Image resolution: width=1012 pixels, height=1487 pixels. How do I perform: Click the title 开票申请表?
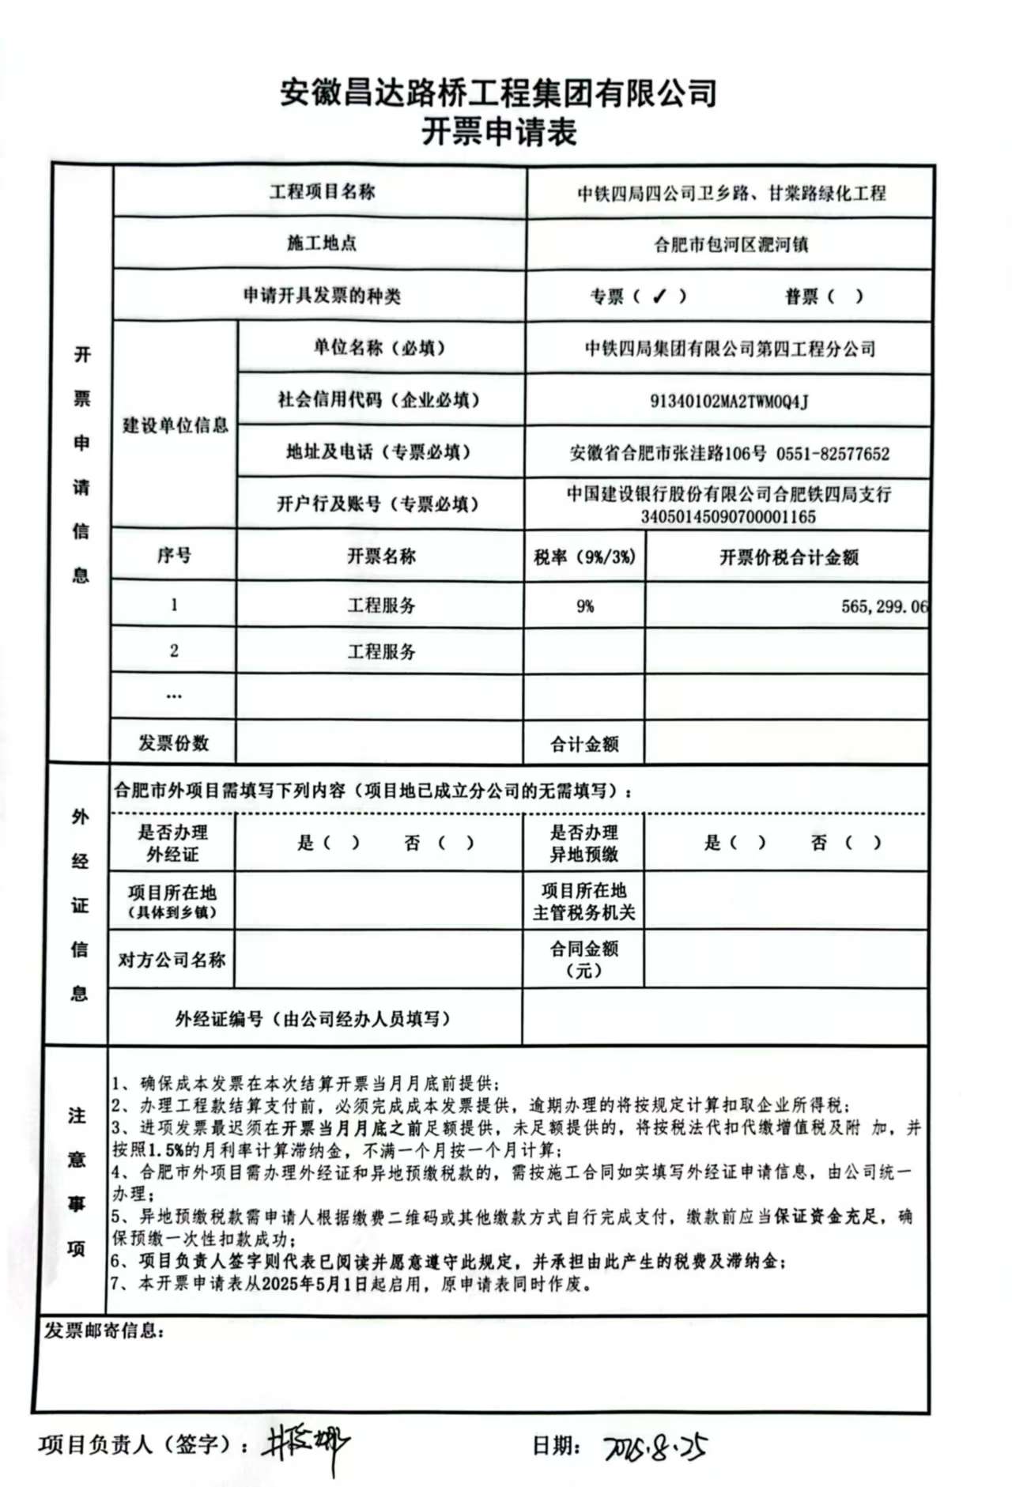pos(499,132)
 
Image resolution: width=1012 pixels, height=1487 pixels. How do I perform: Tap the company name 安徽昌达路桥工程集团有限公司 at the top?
pos(499,93)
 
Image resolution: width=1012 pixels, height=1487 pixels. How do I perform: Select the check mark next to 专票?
pos(659,296)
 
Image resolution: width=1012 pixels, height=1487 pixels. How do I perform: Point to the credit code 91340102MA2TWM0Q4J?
pos(729,402)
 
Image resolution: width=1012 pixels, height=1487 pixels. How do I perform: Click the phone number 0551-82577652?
pos(833,454)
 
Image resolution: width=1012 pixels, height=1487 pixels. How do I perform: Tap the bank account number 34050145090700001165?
pos(728,518)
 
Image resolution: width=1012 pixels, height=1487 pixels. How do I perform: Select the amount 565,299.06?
pos(884,606)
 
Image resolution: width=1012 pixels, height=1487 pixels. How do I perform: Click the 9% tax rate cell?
pos(585,606)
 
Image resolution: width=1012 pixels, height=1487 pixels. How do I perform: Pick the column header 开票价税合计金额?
pos(788,557)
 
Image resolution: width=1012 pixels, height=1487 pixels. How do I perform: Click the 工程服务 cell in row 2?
pos(381,652)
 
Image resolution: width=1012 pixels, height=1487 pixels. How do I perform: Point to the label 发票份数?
pos(173,743)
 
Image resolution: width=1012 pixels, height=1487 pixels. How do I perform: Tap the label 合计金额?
pos(584,744)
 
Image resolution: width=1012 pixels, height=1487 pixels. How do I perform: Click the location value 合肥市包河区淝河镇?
pos(731,244)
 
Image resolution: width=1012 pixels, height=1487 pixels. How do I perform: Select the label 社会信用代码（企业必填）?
pos(379,400)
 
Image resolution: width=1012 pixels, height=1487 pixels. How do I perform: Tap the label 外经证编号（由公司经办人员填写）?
pos(313,1019)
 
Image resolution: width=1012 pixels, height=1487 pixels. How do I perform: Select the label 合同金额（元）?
pos(584,959)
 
